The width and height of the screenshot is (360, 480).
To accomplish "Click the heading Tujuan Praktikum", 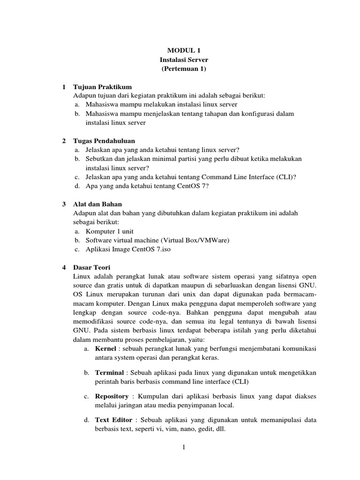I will [103, 87].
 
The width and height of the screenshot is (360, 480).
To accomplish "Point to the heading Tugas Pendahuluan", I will [104, 141].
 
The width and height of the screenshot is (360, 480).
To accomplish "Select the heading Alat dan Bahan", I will [97, 204].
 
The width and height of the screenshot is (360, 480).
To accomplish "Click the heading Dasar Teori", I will [91, 268].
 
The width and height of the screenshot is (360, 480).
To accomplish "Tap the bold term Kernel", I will [105, 349].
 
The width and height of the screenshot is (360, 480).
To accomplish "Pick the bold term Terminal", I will [110, 373].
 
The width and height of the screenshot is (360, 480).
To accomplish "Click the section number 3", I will [64, 204].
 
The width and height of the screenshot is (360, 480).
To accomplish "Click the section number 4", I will [64, 268].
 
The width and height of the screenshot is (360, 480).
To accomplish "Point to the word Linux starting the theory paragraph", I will [82, 277].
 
